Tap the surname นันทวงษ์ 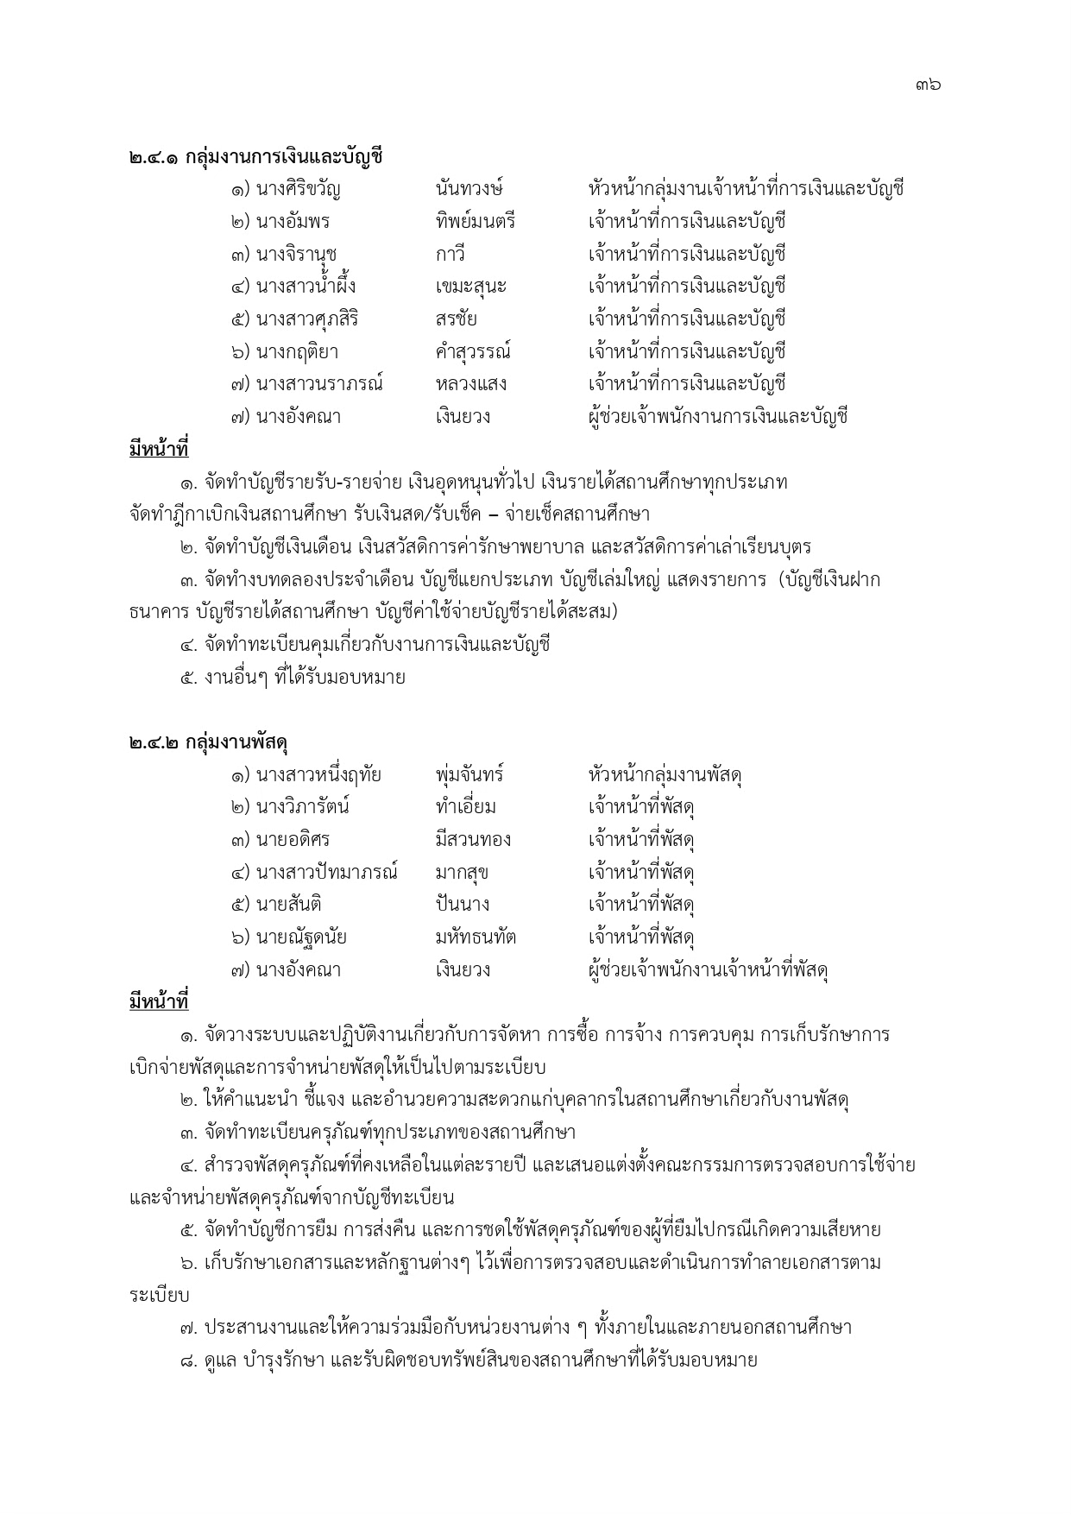pos(470,189)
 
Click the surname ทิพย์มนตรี pos(476,222)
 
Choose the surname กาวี pos(451,255)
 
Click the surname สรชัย pos(457,319)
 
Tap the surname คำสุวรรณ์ pos(474,352)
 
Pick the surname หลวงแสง pos(471,384)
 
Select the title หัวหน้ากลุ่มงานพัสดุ pos(665,775)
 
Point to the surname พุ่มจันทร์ pos(470,775)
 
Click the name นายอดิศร pos(293,840)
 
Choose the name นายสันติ pos(289,905)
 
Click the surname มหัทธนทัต pos(476,937)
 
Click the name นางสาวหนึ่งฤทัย pos(318,775)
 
